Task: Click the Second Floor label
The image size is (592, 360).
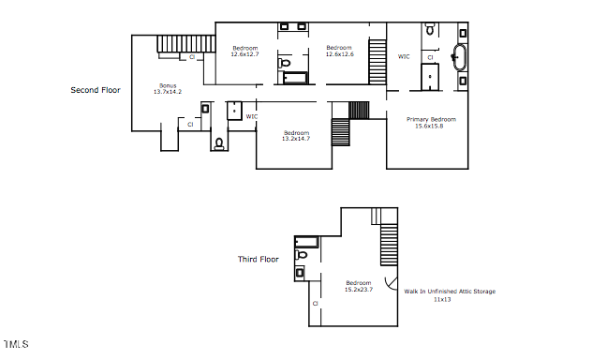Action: (x=96, y=90)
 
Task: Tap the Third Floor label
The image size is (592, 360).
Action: (x=259, y=259)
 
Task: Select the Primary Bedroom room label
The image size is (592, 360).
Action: (x=431, y=119)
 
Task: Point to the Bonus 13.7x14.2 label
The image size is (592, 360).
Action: (x=168, y=89)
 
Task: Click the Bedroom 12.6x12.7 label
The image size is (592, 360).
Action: (x=245, y=51)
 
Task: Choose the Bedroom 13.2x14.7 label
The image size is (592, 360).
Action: (x=296, y=136)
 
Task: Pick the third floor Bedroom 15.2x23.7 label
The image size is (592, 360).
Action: (x=359, y=286)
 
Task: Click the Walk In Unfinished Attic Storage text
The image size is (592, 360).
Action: (x=450, y=292)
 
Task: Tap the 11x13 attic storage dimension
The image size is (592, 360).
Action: (x=442, y=300)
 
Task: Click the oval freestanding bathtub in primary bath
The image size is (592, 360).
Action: (x=459, y=57)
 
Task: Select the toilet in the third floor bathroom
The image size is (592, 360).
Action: (x=301, y=255)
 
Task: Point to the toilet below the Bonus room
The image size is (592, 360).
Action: (x=219, y=144)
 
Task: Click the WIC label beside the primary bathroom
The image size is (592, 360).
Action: (x=404, y=56)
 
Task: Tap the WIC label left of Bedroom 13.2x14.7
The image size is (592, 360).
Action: (x=252, y=116)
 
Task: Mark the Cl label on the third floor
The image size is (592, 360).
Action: (x=316, y=304)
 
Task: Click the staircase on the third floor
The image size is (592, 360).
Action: (x=389, y=245)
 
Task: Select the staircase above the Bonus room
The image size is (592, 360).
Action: (x=186, y=44)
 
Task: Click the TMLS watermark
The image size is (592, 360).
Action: (x=16, y=344)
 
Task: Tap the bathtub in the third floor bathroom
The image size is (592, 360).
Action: (x=306, y=242)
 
